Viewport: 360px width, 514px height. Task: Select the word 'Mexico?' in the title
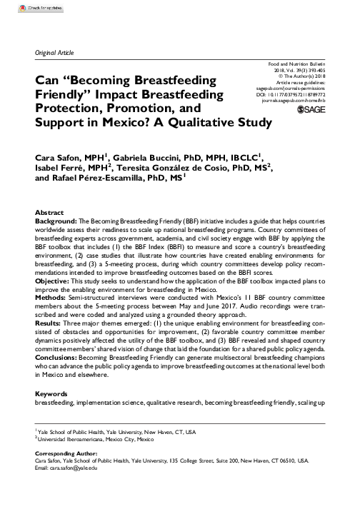124,122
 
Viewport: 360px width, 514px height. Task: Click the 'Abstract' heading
49,213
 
